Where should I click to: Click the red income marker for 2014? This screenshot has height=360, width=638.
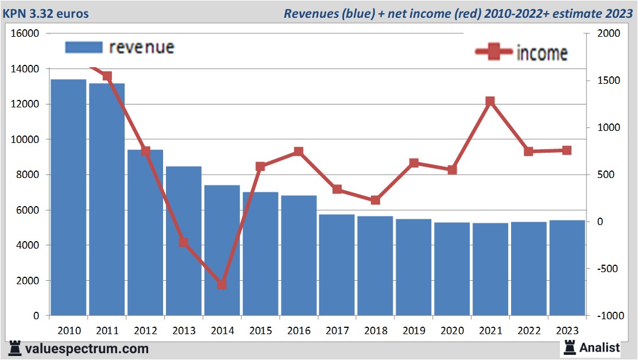[x=222, y=284]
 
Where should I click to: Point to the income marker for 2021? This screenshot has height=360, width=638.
[x=490, y=102]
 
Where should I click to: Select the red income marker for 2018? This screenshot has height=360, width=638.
[x=375, y=200]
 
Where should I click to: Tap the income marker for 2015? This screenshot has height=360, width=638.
[x=260, y=167]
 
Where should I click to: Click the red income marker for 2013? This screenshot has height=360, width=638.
[x=184, y=242]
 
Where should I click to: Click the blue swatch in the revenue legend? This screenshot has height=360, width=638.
[x=83, y=47]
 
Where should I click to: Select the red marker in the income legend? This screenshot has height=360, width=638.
[x=493, y=52]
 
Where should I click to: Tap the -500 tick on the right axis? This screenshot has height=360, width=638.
[x=606, y=269]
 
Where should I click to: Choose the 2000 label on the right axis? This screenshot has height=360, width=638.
[x=609, y=33]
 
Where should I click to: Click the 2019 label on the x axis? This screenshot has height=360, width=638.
[x=413, y=331]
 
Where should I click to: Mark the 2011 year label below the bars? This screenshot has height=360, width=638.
[x=107, y=331]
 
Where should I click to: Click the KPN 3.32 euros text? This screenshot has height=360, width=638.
[x=46, y=13]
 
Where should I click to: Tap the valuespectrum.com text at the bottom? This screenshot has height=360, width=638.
[x=86, y=349]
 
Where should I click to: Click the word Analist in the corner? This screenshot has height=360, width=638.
[x=600, y=347]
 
